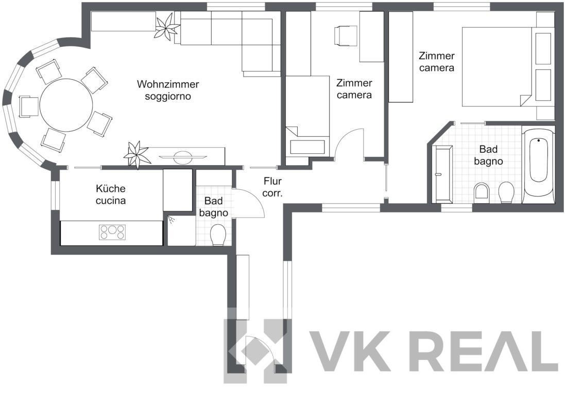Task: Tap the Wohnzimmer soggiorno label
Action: (168, 90)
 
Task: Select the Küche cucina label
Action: (110, 194)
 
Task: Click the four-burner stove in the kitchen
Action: (112, 232)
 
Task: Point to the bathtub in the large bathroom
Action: (538, 165)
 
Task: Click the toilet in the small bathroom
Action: (218, 235)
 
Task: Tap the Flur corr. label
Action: (272, 187)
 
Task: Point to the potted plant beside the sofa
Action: (167, 26)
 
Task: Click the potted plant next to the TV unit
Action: (137, 155)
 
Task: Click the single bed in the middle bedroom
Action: (307, 116)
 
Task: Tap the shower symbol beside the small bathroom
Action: (171, 219)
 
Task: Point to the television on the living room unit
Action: (183, 157)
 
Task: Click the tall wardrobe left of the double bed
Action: (401, 57)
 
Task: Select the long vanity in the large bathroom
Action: (443, 174)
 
